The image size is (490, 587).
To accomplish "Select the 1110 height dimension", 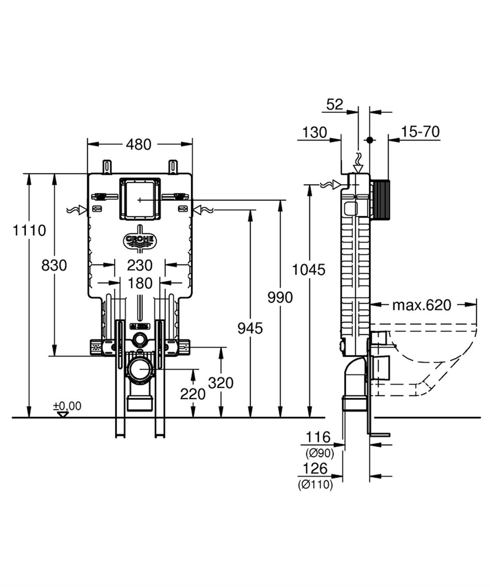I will point(29,231).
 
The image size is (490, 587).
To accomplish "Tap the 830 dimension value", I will point(54,265).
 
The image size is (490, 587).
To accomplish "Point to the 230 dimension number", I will point(140,265).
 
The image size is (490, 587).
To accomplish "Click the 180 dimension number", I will point(140,282).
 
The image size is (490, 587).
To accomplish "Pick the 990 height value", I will point(280,298).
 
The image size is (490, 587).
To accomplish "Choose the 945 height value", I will point(250,328).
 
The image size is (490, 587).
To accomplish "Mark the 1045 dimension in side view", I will point(309,270).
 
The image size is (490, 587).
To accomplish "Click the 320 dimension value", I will point(221,383).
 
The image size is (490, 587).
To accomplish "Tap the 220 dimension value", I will point(193,394).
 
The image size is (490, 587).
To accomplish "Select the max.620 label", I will point(422,305).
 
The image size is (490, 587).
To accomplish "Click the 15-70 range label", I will point(420,132).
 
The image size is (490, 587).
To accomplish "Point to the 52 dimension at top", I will point(335,105).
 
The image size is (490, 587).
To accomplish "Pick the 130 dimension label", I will point(315,132).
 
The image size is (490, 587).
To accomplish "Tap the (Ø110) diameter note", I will point(315,485).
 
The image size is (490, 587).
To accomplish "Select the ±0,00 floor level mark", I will point(67,406).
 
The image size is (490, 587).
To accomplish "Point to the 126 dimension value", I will point(316,469).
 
